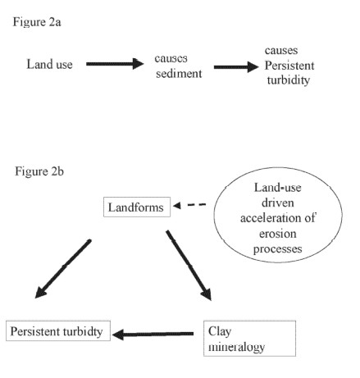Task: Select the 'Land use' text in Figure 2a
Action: pos(51,64)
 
